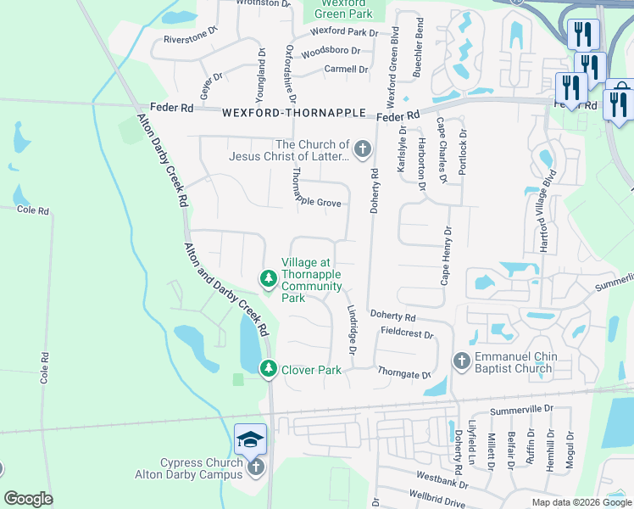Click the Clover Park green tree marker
pos(268,368)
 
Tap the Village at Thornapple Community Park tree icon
pos(268,278)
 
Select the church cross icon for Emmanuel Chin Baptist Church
pos(462,361)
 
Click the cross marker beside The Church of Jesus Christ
pos(363,151)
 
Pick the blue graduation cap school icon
pos(251,439)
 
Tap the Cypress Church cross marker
pos(255,466)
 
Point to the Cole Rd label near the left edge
pos(32,210)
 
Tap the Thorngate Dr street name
pos(404,374)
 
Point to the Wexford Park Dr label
pos(343,32)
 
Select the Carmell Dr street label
pos(346,70)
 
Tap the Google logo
pos(29,499)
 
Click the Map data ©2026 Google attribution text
pos(581,502)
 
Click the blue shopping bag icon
pos(620,89)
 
